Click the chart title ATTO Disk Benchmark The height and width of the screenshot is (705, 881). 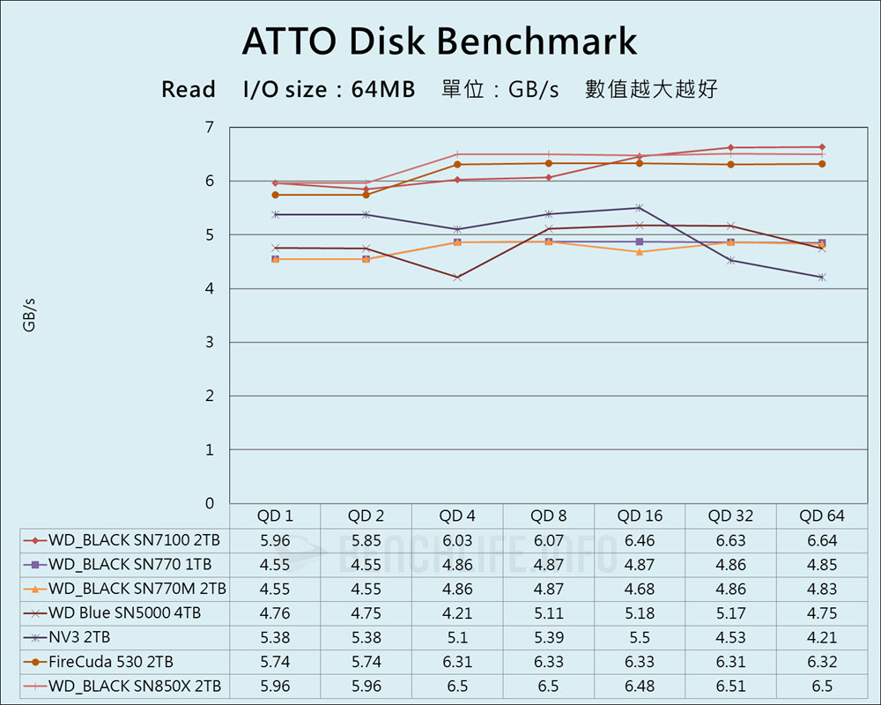pyautogui.click(x=440, y=41)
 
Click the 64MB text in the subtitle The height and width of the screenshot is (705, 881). pyautogui.click(x=382, y=90)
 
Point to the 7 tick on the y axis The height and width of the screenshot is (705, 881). pyautogui.click(x=210, y=128)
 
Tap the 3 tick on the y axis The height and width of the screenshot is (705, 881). pyautogui.click(x=210, y=343)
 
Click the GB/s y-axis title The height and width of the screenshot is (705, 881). pyautogui.click(x=29, y=315)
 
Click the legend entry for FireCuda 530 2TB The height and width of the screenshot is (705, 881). pyautogui.click(x=111, y=662)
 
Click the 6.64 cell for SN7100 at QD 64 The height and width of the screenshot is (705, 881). pyautogui.click(x=822, y=540)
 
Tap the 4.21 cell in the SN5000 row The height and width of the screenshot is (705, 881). pyautogui.click(x=457, y=613)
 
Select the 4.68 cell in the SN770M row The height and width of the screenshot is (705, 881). pyautogui.click(x=640, y=589)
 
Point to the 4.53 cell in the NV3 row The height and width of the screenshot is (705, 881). pyautogui.click(x=731, y=637)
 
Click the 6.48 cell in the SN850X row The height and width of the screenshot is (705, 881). pyautogui.click(x=640, y=686)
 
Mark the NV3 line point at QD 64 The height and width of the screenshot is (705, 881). pyautogui.click(x=822, y=278)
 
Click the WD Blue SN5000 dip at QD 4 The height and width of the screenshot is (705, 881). pyautogui.click(x=457, y=278)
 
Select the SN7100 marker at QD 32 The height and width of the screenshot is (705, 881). pyautogui.click(x=730, y=148)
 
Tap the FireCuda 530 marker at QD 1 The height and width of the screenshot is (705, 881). pyautogui.click(x=275, y=195)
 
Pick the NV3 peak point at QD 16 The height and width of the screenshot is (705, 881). pyautogui.click(x=640, y=208)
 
